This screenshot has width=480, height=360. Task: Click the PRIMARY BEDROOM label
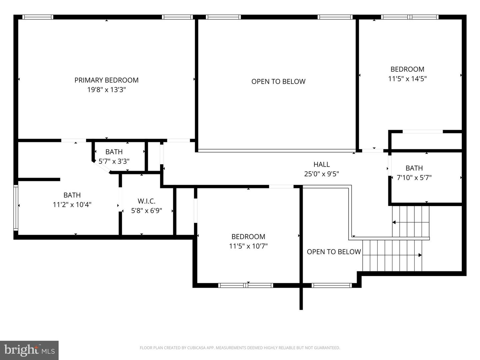point(106,80)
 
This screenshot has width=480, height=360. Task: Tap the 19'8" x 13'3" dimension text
point(106,90)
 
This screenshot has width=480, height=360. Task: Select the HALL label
point(321,164)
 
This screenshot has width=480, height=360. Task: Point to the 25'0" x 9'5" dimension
point(321,174)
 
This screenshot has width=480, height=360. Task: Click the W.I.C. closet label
point(147,201)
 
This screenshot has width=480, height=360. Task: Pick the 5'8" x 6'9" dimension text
point(147,210)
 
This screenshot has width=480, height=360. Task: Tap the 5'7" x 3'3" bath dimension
point(114,161)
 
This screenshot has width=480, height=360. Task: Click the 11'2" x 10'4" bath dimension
point(72,205)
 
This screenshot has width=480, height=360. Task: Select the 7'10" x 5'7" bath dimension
point(414,177)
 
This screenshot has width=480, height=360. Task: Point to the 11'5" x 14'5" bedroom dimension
point(407,79)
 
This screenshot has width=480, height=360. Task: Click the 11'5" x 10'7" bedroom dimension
point(248,246)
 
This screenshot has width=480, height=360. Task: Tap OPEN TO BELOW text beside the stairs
point(334,252)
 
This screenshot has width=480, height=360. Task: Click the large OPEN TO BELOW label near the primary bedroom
point(278,82)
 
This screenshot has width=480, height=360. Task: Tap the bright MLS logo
point(29,350)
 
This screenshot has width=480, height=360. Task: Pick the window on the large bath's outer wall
point(16,208)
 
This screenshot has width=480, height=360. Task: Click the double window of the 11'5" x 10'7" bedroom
point(246,285)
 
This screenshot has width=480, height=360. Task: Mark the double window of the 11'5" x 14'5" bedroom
point(410,17)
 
